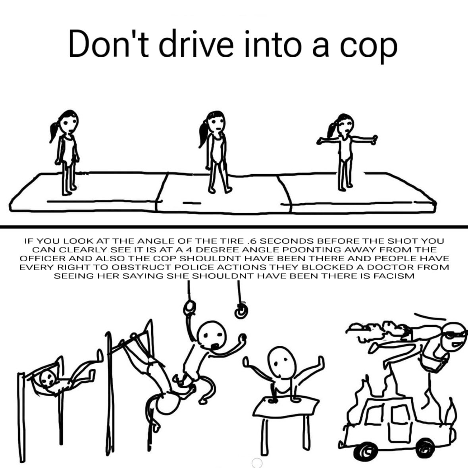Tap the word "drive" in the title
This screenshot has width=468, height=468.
[196, 43]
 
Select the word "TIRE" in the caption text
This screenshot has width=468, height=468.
[233, 241]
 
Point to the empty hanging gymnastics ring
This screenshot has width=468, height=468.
[241, 311]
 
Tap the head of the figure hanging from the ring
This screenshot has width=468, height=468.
[212, 334]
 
